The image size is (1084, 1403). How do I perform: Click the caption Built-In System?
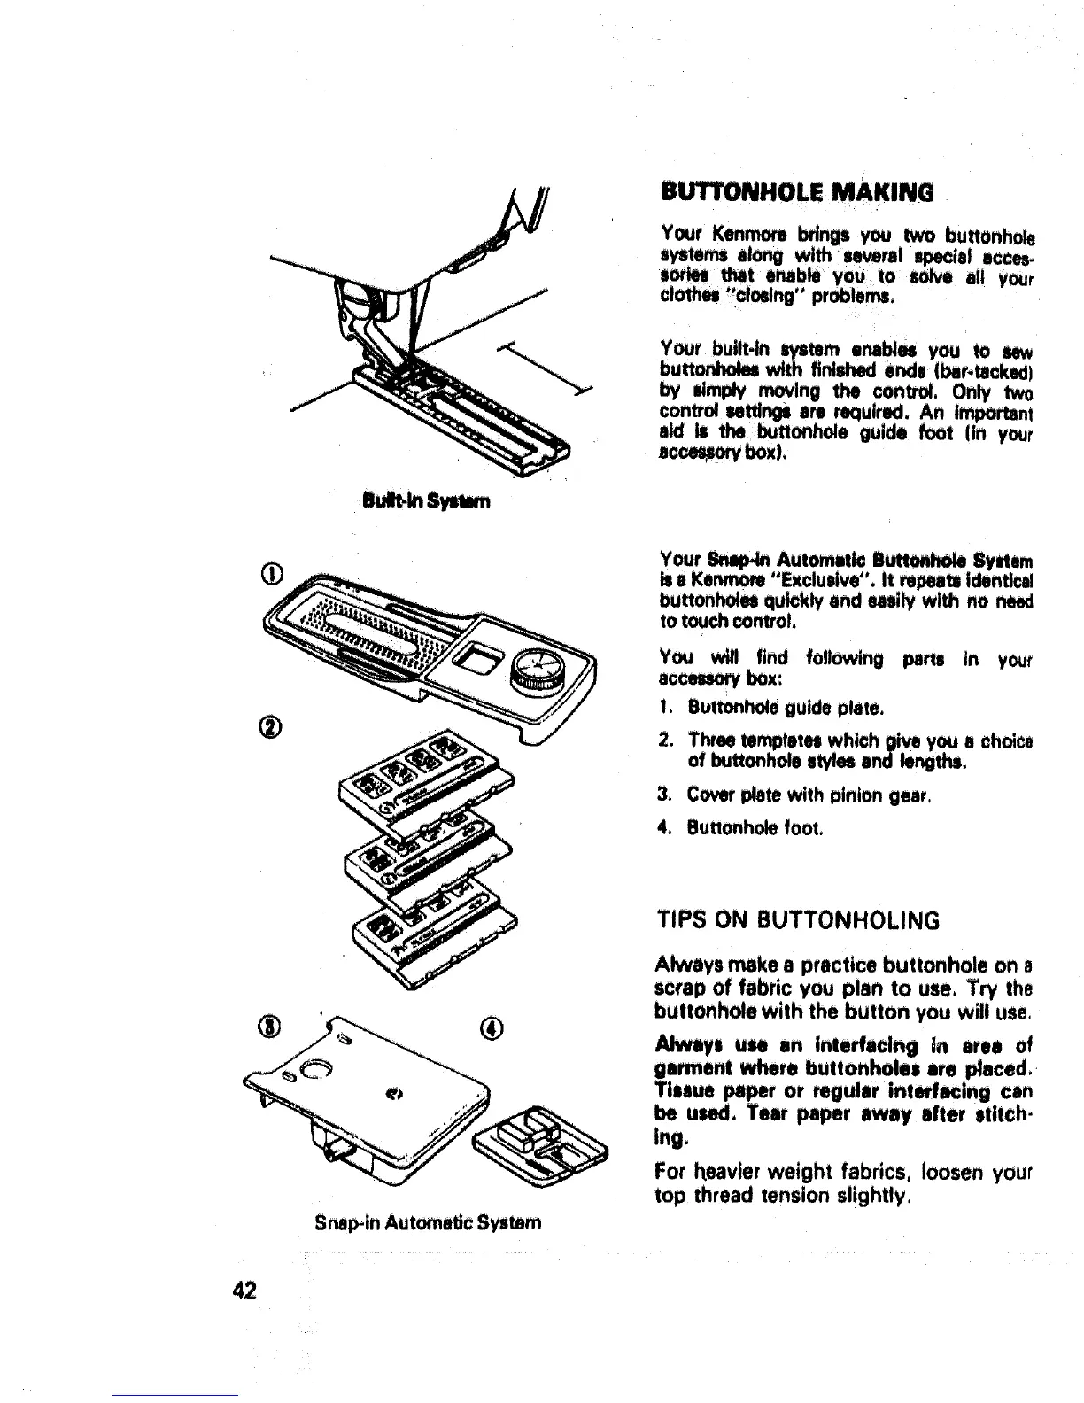427,501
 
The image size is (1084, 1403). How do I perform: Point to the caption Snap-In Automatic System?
427,1222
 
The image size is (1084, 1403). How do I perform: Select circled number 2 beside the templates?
274,727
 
